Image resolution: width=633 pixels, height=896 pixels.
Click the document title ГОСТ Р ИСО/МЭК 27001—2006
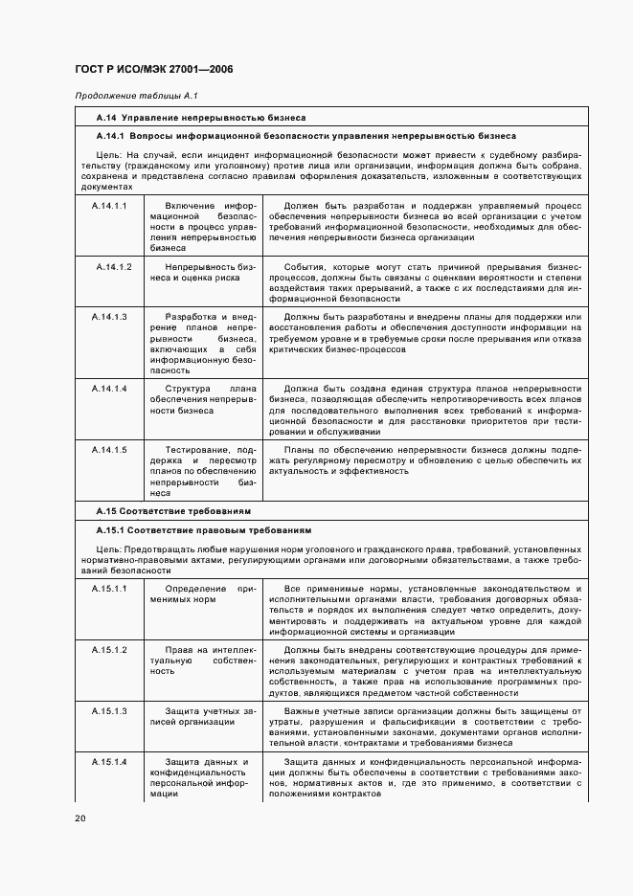pos(153,70)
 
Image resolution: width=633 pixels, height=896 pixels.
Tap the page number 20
pos(79,818)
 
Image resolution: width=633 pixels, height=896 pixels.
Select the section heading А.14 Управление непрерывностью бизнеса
pos(200,118)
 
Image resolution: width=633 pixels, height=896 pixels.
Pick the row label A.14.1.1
pos(110,206)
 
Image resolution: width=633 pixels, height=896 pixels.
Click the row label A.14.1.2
pos(113,265)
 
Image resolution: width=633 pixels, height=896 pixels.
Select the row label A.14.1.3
pos(110,316)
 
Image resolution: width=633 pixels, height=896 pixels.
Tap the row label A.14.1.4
pos(110,388)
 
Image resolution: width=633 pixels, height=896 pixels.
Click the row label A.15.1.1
pos(110,587)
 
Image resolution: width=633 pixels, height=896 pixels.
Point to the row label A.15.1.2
pos(110,649)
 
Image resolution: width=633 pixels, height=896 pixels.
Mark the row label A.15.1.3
pos(110,711)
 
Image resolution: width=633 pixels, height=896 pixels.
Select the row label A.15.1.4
pos(110,762)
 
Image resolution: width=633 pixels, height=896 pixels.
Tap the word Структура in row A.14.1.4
pos(188,388)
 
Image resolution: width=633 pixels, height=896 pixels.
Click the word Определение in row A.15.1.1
pos(195,587)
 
